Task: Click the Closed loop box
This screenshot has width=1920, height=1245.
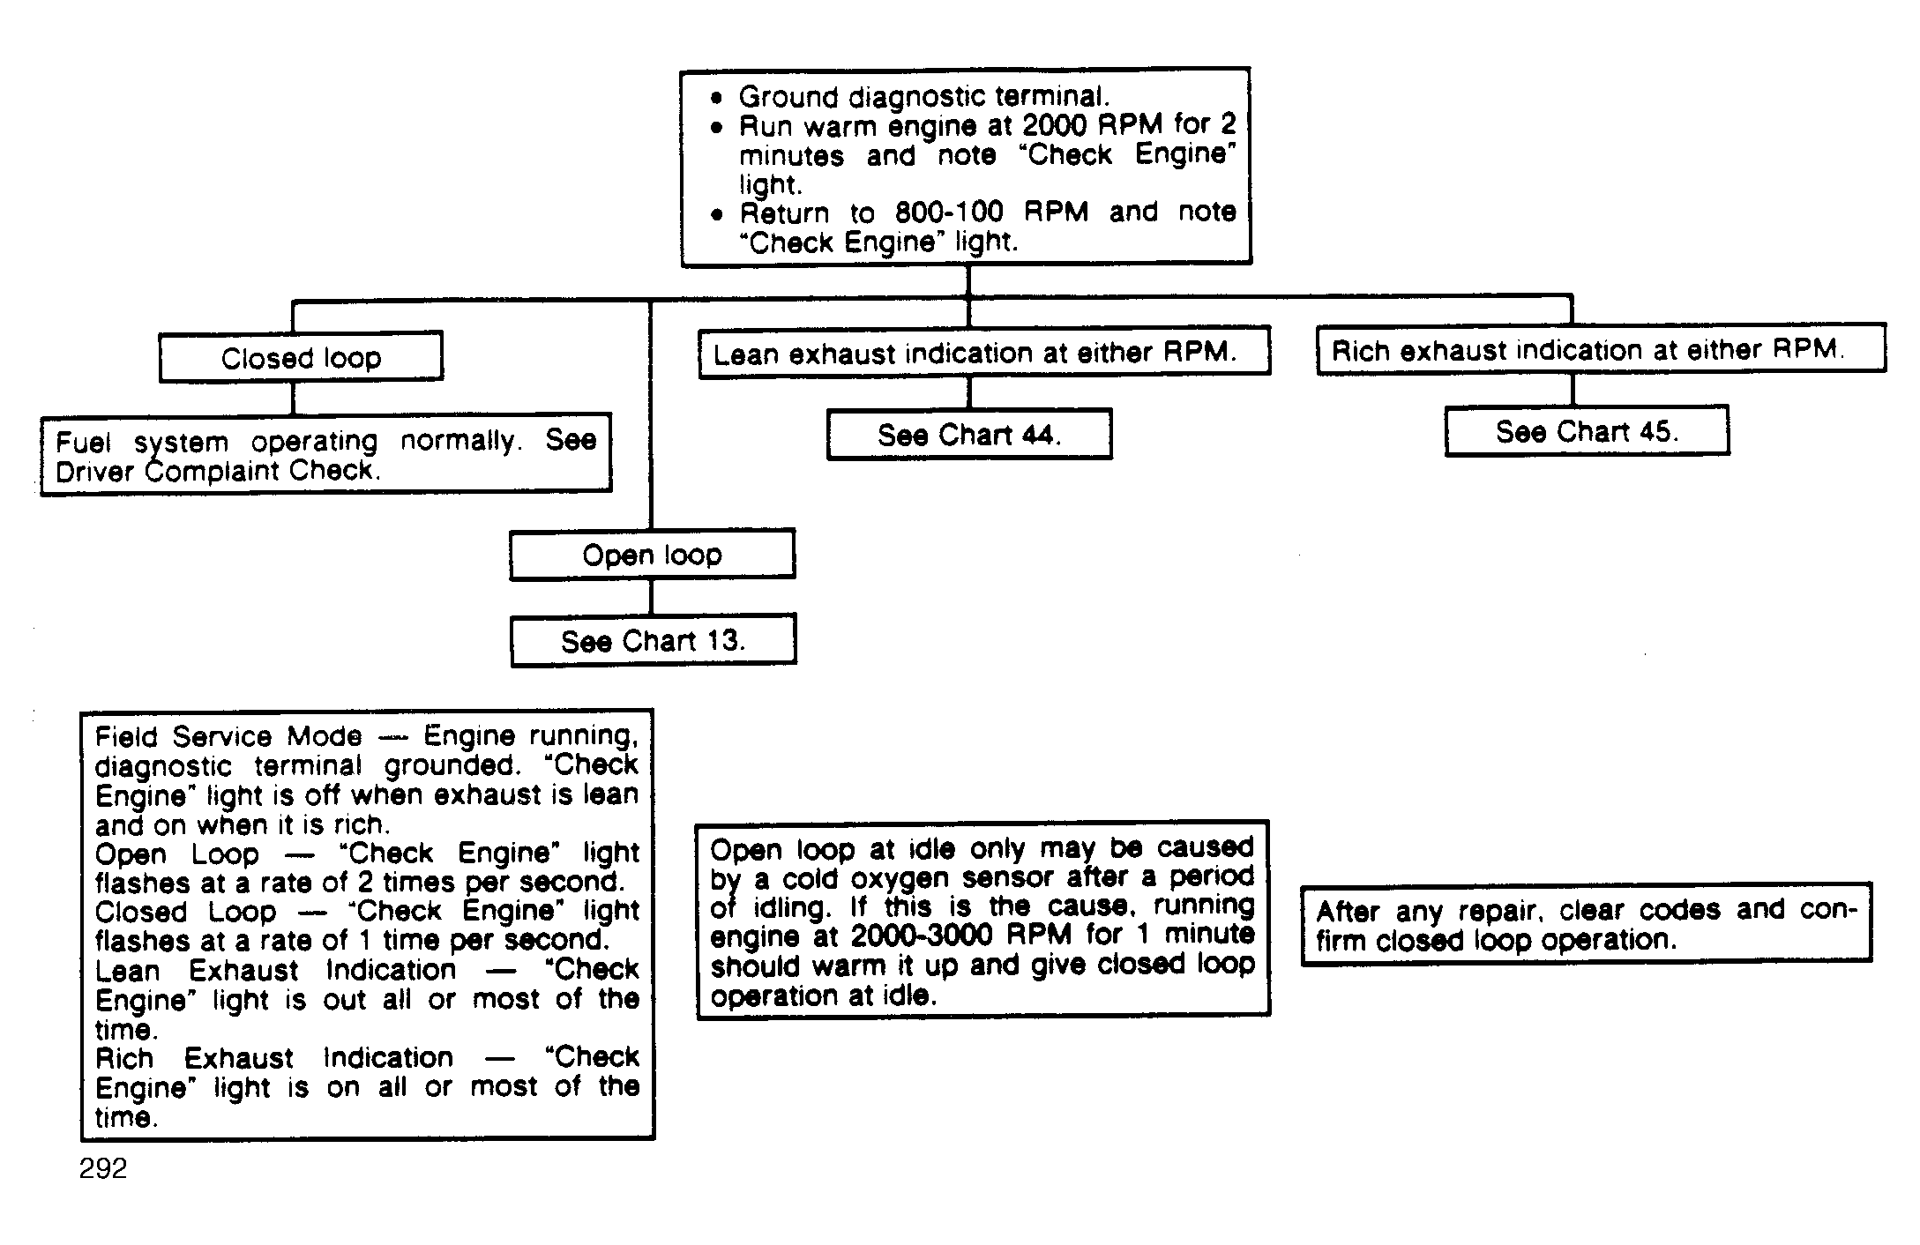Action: [x=301, y=357]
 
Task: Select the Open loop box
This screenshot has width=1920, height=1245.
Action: [x=652, y=555]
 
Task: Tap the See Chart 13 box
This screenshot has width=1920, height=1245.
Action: [x=653, y=640]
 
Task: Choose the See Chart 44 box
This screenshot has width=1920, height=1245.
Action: [x=969, y=434]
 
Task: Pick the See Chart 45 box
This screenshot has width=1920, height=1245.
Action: [x=1587, y=431]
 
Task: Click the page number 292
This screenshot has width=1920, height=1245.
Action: [x=103, y=1168]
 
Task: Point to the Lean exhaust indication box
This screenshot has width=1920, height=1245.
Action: [x=983, y=353]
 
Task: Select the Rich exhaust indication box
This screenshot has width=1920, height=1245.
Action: [x=1600, y=350]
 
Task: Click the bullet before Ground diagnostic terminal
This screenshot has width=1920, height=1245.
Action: [x=718, y=97]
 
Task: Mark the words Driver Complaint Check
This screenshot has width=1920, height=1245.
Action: [x=217, y=471]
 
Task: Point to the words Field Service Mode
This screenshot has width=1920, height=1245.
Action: [x=228, y=736]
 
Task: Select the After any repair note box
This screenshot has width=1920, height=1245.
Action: [x=1586, y=924]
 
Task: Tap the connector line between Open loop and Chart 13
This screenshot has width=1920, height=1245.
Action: [x=651, y=596]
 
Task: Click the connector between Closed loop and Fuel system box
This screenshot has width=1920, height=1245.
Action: [x=293, y=397]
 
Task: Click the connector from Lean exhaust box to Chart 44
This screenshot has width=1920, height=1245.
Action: [x=968, y=391]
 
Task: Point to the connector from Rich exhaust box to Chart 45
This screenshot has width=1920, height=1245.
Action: [x=1573, y=389]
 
